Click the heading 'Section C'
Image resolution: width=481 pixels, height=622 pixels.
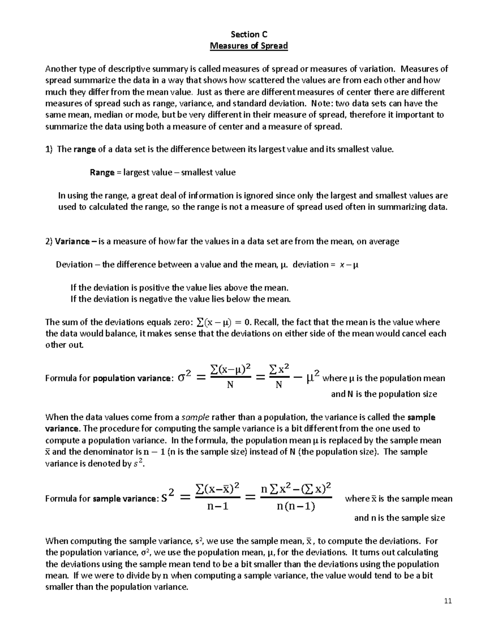[x=249, y=34]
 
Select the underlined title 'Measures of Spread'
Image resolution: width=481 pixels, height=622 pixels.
[x=249, y=46]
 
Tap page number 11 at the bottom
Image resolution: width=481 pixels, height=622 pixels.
[x=448, y=601]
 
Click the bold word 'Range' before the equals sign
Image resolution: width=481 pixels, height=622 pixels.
[x=102, y=173]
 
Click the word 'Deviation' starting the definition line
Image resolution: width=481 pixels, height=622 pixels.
[x=74, y=265]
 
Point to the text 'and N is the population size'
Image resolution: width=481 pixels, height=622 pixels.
[x=384, y=394]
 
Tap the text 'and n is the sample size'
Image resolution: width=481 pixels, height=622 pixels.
[x=399, y=518]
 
